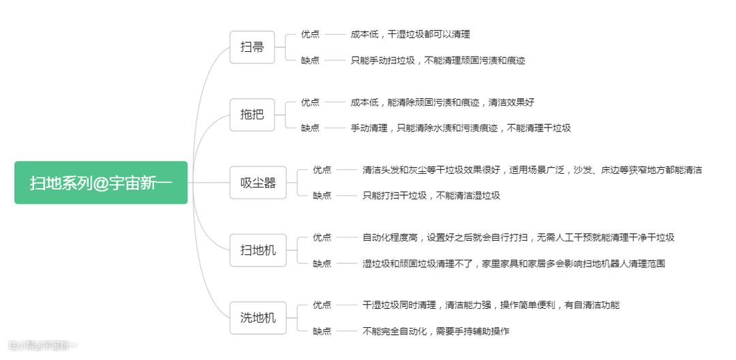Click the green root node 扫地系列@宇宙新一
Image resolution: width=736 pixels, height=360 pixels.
(101, 183)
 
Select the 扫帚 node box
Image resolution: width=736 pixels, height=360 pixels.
(252, 47)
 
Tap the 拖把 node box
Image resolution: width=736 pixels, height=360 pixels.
(252, 114)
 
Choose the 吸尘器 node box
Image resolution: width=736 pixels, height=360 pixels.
(258, 182)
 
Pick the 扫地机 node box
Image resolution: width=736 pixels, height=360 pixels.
(258, 250)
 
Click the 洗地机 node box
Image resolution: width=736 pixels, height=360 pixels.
(258, 318)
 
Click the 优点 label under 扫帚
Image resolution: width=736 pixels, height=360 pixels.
(310, 34)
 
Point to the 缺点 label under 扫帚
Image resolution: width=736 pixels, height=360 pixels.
(310, 60)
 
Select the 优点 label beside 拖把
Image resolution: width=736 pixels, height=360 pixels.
(310, 102)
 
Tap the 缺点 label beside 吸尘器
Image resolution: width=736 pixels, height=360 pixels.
(322, 196)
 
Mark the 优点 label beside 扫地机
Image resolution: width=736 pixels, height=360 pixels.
(322, 237)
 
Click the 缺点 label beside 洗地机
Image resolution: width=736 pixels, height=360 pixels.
(322, 331)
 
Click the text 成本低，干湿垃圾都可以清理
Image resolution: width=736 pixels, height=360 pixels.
(410, 34)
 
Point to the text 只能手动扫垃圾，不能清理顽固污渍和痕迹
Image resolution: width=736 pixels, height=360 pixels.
(438, 60)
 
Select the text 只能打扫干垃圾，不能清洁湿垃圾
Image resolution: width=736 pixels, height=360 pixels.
(431, 196)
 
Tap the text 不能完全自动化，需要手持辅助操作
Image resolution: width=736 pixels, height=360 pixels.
(435, 331)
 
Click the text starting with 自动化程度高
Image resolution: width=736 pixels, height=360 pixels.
(518, 237)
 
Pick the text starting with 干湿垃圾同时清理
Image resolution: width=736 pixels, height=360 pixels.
(491, 305)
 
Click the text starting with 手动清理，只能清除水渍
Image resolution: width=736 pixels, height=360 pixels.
(461, 127)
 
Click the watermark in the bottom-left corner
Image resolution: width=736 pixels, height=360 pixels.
(43, 346)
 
